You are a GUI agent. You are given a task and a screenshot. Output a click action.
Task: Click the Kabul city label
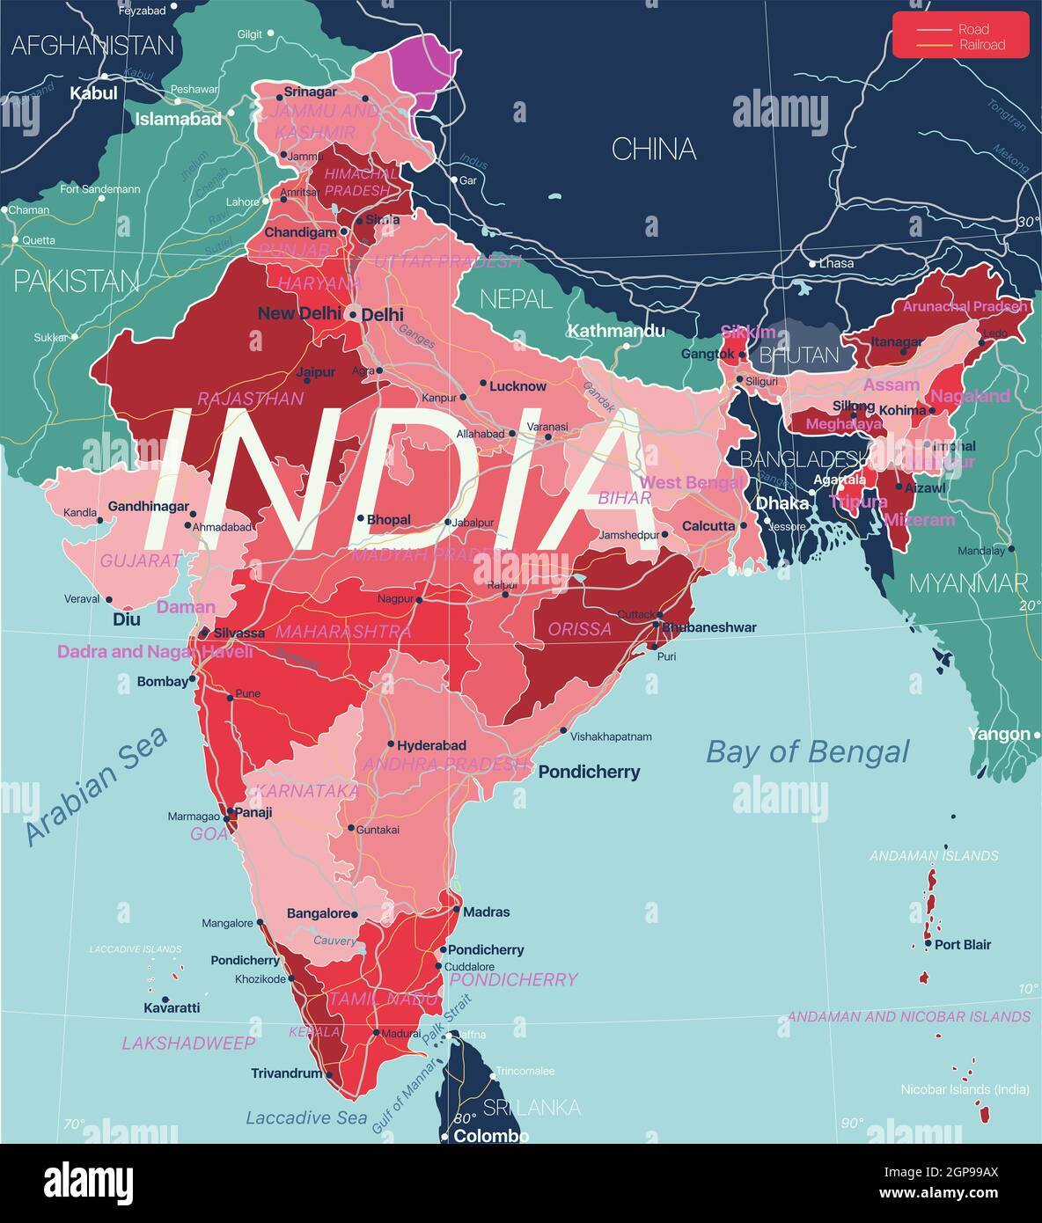tap(93, 92)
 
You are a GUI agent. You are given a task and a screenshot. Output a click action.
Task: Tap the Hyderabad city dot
tap(391, 744)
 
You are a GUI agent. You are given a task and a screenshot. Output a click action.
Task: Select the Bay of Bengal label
tap(807, 751)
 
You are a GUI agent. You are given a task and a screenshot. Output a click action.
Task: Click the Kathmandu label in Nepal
tap(616, 331)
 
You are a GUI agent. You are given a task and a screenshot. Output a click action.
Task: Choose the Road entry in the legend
tap(974, 29)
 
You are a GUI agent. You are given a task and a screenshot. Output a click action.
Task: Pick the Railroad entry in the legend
tap(981, 45)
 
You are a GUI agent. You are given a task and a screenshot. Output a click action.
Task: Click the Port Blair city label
tap(963, 944)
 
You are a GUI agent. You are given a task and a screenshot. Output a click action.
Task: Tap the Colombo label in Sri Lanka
tap(491, 1136)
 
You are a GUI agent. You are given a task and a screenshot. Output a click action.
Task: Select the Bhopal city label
tap(388, 519)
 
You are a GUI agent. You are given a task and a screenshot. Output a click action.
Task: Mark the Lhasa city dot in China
tap(812, 263)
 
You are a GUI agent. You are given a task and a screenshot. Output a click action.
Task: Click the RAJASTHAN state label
tap(250, 399)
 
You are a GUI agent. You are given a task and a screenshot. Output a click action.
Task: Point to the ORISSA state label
tap(579, 628)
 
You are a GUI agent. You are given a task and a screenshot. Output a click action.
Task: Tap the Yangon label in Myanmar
tap(998, 734)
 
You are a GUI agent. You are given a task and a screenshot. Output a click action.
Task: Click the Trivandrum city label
tap(286, 1073)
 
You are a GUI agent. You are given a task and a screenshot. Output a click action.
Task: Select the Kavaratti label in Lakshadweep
tap(172, 1007)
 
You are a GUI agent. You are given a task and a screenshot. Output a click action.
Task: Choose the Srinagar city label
tap(311, 92)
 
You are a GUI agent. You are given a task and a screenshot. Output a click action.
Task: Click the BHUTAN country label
tap(799, 355)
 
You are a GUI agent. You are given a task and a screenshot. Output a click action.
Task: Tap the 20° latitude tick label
tap(1029, 605)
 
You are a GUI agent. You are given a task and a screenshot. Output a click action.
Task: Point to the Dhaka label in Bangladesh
tap(782, 503)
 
